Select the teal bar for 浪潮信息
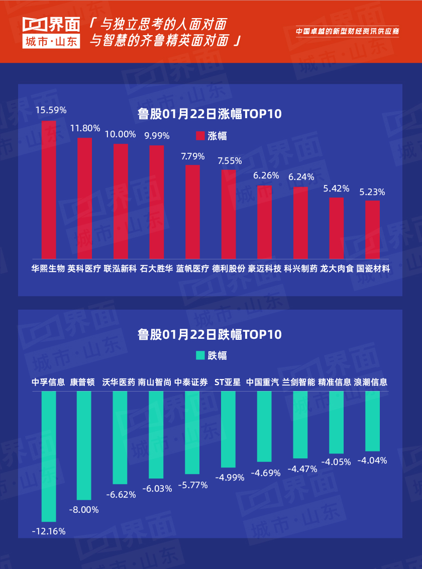tap(372, 421)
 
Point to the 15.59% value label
tap(51, 110)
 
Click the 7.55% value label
tap(230, 161)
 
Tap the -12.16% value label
tap(49, 531)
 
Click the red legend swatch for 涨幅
tap(200, 136)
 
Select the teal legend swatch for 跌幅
tap(200, 355)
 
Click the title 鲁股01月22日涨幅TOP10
tap(210, 114)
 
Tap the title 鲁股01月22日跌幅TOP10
tap(210, 334)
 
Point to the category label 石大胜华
tap(156, 268)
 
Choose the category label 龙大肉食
tap(337, 268)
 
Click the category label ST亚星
tap(228, 382)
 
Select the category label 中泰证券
tap(191, 382)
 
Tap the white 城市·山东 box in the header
tap(51, 42)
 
